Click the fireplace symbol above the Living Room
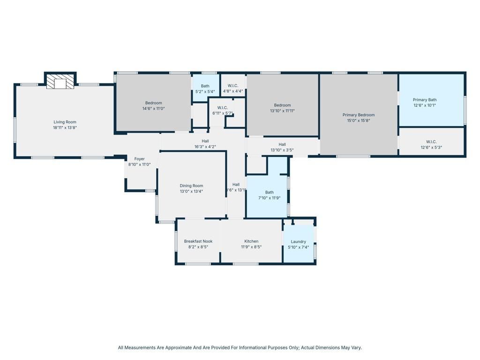pyautogui.click(x=60, y=82)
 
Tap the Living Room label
pyautogui.click(x=65, y=122)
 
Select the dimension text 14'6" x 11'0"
pyautogui.click(x=153, y=109)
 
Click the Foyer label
pyautogui.click(x=139, y=159)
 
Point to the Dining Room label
pyautogui.click(x=191, y=186)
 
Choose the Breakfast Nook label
pyautogui.click(x=198, y=241)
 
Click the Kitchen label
pyautogui.click(x=251, y=241)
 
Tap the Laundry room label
pyautogui.click(x=298, y=242)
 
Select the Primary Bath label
pyautogui.click(x=424, y=100)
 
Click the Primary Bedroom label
pyautogui.click(x=359, y=115)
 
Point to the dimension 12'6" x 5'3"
pyautogui.click(x=431, y=147)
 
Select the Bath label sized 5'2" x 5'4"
pyautogui.click(x=205, y=86)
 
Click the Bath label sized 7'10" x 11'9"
pyautogui.click(x=269, y=192)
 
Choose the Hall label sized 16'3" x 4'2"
pyautogui.click(x=205, y=141)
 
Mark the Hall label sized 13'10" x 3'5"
pyautogui.click(x=282, y=144)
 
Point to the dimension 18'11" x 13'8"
pyautogui.click(x=65, y=127)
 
